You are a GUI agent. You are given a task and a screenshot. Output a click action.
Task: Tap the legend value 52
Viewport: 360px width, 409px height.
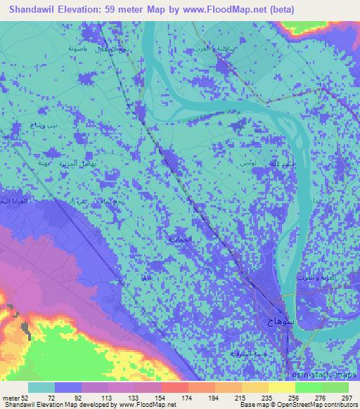coord(29,397)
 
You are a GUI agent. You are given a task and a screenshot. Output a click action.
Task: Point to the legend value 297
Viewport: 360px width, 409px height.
coord(345,397)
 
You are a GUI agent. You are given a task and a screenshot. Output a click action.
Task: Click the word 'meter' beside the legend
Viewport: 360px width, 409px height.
coord(12,397)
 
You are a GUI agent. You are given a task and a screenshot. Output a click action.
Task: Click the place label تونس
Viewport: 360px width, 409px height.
coord(247,162)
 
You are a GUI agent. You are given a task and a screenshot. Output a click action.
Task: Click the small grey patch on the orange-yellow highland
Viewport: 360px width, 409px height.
coord(26,327)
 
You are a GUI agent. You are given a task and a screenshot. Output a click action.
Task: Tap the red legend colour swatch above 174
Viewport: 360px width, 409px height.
coord(173,387)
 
